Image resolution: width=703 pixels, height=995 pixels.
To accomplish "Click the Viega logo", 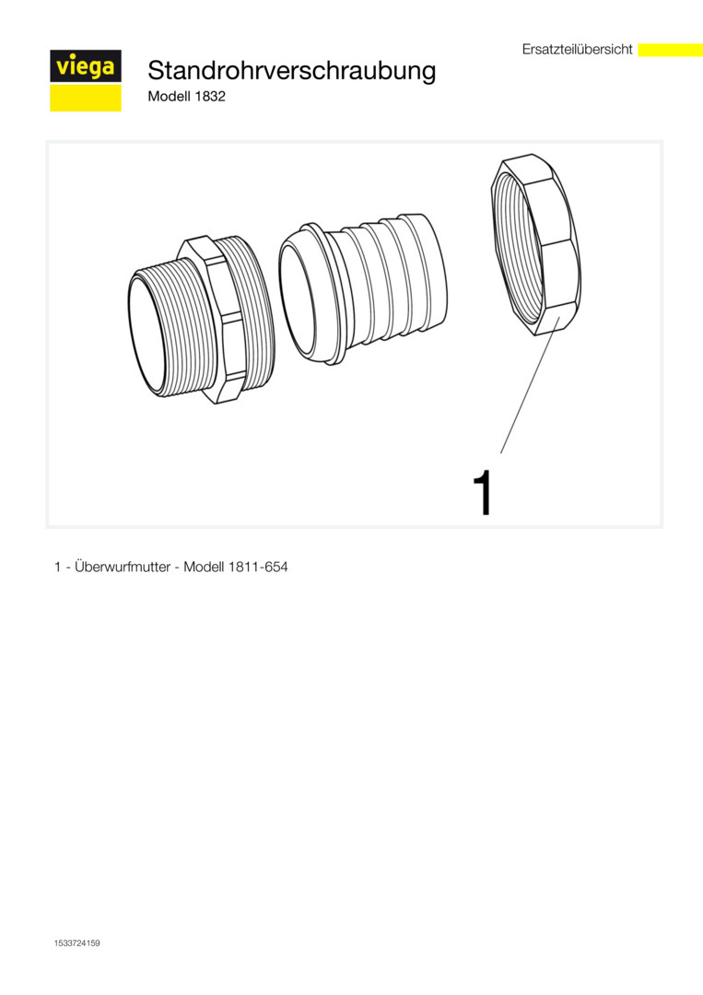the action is tap(86, 80).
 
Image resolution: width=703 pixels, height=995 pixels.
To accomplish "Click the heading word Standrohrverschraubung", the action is tap(292, 70).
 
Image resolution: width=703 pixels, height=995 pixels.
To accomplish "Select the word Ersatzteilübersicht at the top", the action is tap(578, 50).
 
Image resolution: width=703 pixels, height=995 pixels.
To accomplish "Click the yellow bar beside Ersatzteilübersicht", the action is tap(670, 50).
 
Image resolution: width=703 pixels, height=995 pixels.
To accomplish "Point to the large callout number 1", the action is tap(484, 492).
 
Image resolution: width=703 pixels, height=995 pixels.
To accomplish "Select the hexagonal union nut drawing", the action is tap(536, 245).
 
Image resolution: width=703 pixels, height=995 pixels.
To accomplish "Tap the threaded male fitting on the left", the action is tap(202, 320).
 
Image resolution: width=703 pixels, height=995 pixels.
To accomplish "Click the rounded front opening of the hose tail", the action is tap(299, 298).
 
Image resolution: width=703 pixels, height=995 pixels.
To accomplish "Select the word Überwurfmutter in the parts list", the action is tap(123, 567).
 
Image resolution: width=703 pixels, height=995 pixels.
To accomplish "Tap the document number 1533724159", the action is tap(76, 943).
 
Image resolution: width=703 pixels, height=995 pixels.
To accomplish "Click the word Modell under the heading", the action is tap(169, 97).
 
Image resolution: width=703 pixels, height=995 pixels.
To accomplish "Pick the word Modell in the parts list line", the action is tap(204, 567).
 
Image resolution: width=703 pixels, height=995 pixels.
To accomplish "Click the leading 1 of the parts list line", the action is tap(57, 568).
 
